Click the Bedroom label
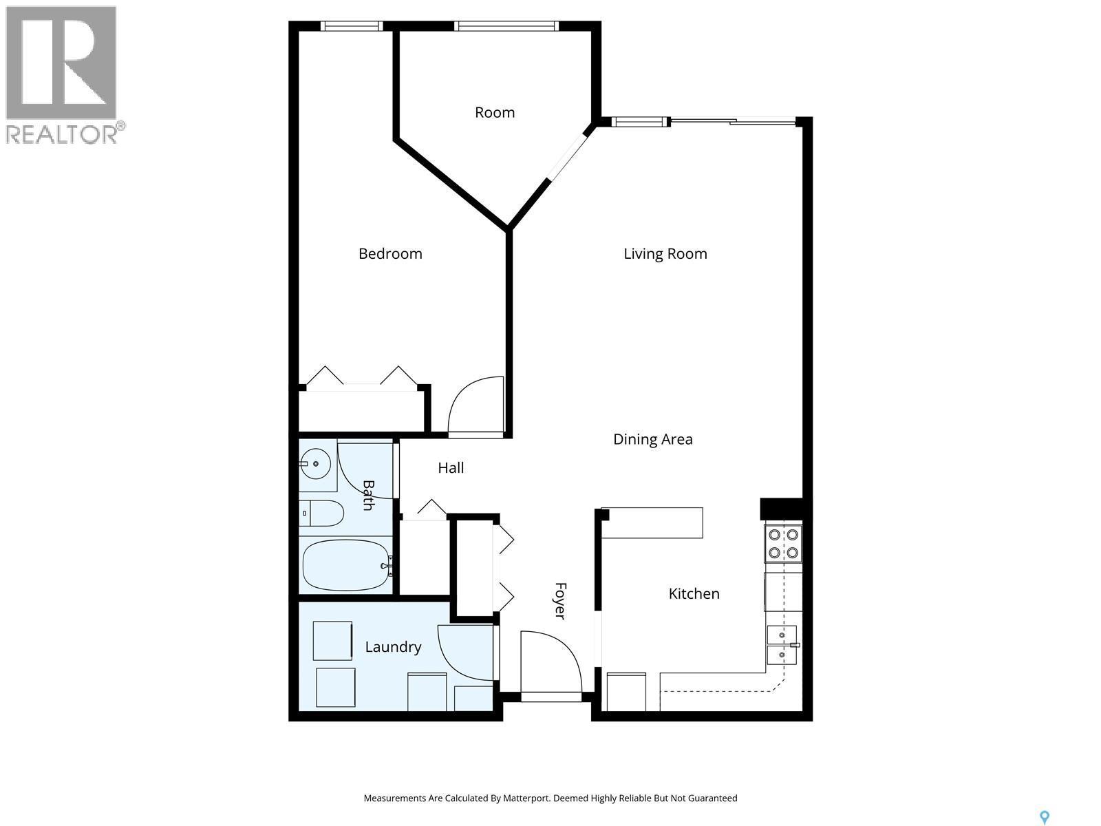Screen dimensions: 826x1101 pos(390,253)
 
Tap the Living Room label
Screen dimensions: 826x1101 pos(665,253)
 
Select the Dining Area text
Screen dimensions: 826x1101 pos(652,439)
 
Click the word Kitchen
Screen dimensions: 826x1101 pos(694,593)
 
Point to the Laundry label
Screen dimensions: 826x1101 pos(393,647)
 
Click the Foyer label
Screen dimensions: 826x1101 pos(560,601)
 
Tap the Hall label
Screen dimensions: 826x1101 pos(451,468)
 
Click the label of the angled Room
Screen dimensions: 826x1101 pos(494,112)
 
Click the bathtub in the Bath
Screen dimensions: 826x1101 pos(347,565)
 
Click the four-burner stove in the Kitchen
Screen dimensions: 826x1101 pos(783,543)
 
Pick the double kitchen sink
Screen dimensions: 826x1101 pos(782,644)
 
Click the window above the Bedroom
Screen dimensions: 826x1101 pos(351,26)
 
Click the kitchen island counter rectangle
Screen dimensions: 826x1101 pos(654,522)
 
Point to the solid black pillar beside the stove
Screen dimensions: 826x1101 pos(781,509)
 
